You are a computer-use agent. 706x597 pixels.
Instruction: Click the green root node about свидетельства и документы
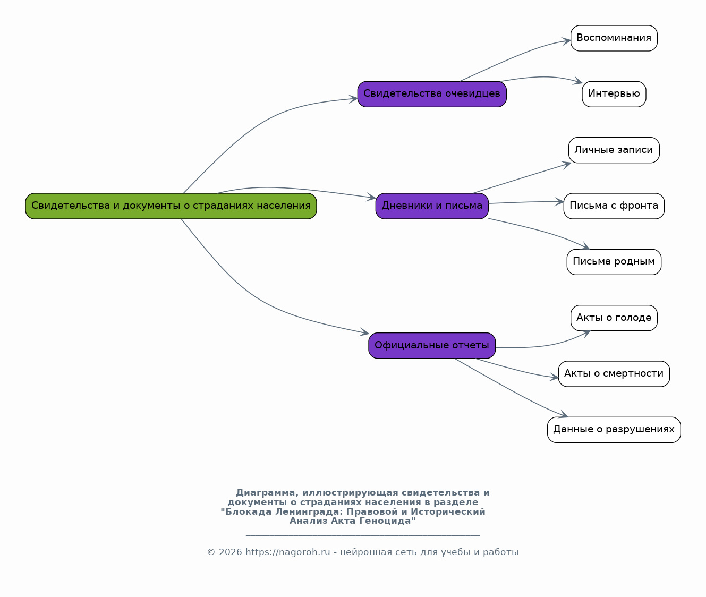point(171,206)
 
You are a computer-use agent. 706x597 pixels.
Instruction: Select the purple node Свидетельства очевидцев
point(432,94)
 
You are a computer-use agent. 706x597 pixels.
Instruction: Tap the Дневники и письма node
point(432,206)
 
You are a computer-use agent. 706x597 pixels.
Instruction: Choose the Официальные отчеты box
point(432,346)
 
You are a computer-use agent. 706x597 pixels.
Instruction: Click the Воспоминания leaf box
point(614,38)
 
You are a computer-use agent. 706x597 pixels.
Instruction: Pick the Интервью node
point(614,94)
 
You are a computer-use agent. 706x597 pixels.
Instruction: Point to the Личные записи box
point(614,150)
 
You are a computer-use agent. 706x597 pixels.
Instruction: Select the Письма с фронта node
point(614,206)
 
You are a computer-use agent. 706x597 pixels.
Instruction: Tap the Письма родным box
point(614,262)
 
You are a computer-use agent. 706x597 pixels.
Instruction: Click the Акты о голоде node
point(614,318)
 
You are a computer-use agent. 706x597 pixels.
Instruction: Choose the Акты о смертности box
point(614,374)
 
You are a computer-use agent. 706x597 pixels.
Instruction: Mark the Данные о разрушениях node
point(614,430)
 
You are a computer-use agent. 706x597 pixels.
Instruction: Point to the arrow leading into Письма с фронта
point(526,202)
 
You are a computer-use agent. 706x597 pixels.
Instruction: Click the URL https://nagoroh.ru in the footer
point(287,552)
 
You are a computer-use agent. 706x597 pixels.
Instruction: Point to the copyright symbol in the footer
point(211,552)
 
